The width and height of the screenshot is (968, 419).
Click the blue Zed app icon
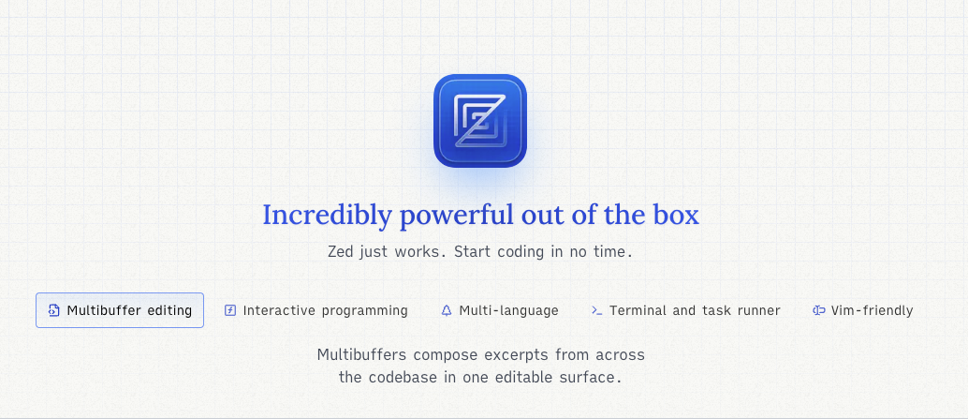[x=479, y=121]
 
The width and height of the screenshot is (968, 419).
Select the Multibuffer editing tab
[x=120, y=310]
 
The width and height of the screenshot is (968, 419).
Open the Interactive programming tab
[x=316, y=310]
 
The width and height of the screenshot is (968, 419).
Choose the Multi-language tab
[x=500, y=310]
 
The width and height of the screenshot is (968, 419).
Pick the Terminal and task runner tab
[x=686, y=310]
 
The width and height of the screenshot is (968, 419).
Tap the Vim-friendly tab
[x=863, y=310]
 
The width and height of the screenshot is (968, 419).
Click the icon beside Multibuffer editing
[x=54, y=310]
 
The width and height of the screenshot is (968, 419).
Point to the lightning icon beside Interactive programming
[x=230, y=310]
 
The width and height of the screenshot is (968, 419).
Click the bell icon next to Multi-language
[x=447, y=310]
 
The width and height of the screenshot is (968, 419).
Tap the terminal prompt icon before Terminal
[x=597, y=310]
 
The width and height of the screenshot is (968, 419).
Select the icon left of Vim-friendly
[x=819, y=310]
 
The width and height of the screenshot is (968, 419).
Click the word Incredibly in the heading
[x=328, y=216]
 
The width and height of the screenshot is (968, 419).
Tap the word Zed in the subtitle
[x=340, y=252]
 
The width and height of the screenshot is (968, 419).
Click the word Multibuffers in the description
[x=362, y=354]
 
